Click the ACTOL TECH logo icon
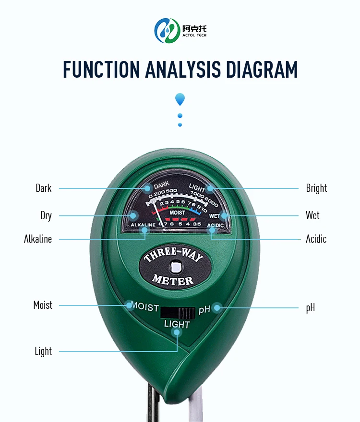167,30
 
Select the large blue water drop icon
180,99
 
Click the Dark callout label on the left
43,188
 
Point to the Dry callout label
46,215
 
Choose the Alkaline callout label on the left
38,238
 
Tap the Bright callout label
316,188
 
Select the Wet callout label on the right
312,215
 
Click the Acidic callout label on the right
316,238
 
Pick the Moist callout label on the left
43,305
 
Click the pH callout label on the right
311,307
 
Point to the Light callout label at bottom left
43,351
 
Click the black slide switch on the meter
178,312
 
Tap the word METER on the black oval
173,280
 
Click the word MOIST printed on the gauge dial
177,212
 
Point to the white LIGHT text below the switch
177,325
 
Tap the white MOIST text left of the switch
145,306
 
